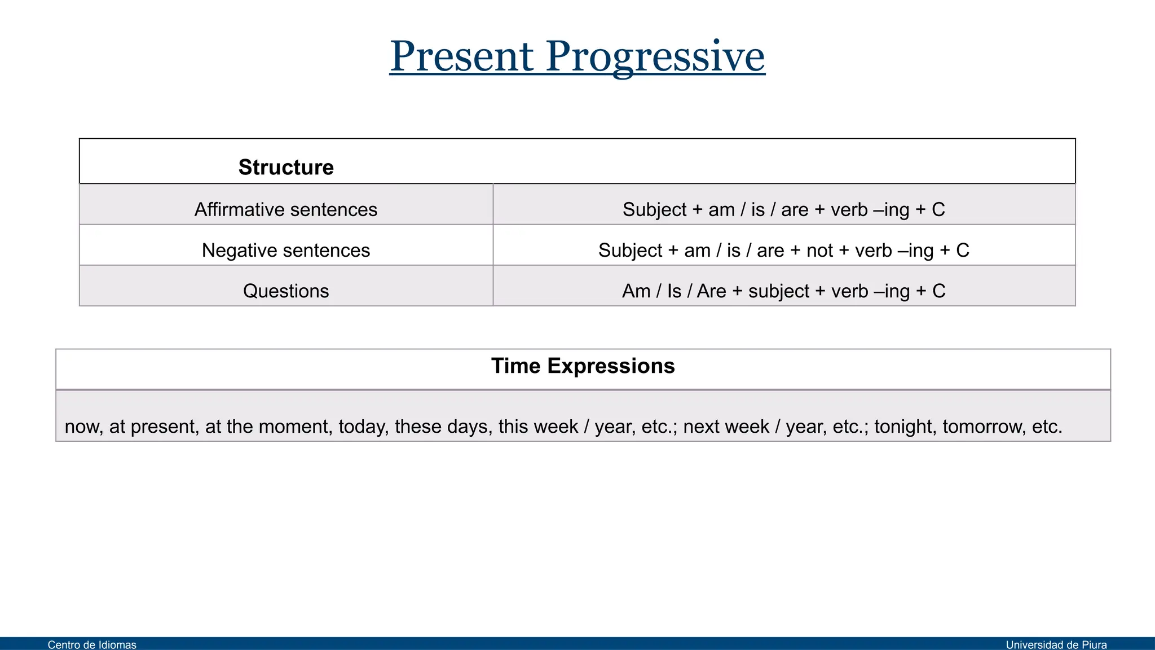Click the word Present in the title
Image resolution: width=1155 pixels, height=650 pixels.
[x=461, y=56]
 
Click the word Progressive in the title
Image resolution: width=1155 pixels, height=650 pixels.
[x=655, y=58]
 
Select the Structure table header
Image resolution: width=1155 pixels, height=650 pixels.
[x=286, y=167]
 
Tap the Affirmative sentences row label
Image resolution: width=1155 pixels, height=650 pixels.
[x=286, y=209]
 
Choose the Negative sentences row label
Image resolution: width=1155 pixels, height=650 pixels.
[x=286, y=250]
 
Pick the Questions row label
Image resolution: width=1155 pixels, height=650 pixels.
[x=286, y=291]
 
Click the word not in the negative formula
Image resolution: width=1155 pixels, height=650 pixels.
[x=819, y=250]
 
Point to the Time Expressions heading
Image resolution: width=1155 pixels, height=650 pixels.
[x=583, y=366]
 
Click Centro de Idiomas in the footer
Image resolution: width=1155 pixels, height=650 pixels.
[x=92, y=644]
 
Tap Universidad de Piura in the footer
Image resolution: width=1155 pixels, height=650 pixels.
[x=1056, y=644]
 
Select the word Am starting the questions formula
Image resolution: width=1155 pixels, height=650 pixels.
[x=636, y=291]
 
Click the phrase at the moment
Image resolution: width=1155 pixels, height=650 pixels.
[x=268, y=426]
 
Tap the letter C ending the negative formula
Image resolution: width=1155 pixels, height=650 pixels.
[x=963, y=250]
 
